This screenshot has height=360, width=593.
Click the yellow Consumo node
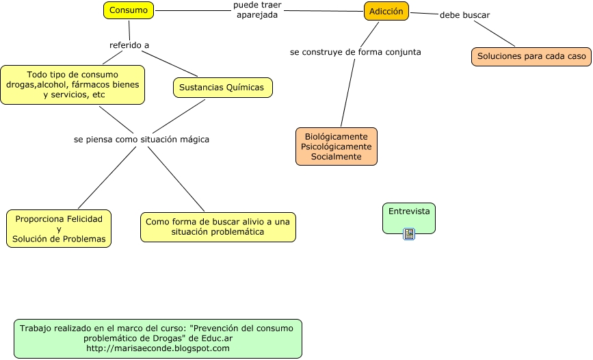129,10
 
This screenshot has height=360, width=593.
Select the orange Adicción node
386,11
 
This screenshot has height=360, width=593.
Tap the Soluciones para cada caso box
531,57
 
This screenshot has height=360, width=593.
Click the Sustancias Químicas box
222,88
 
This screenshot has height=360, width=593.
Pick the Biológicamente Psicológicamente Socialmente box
337,146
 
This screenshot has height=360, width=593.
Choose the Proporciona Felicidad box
59,229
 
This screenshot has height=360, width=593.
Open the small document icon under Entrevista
409,234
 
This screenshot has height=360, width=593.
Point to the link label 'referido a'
129,45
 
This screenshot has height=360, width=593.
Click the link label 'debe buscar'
464,15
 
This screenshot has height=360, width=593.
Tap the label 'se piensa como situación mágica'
142,139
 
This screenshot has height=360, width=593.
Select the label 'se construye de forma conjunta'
355,51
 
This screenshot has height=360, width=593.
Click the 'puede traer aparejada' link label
257,10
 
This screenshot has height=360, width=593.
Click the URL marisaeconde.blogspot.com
158,348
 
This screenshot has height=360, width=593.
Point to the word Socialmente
337,157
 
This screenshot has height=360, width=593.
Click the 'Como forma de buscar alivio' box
218,227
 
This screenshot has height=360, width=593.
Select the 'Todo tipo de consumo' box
73,85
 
